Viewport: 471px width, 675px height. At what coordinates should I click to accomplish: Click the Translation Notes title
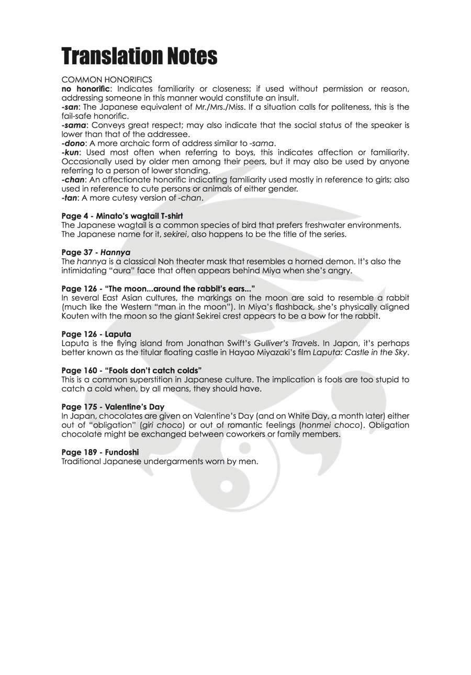[139, 56]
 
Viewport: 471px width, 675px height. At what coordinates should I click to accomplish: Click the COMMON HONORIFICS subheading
[107, 79]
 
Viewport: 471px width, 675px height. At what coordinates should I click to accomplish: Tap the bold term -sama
[74, 125]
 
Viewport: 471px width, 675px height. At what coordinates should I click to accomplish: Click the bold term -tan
[69, 198]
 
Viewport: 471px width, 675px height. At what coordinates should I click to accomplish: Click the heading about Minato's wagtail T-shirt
[122, 216]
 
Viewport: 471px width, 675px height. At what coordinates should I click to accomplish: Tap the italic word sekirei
[175, 234]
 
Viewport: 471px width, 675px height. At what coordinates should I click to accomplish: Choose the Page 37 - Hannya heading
[96, 253]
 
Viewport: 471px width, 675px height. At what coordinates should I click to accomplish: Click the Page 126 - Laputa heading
[96, 334]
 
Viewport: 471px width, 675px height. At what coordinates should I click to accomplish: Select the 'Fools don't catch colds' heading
[131, 371]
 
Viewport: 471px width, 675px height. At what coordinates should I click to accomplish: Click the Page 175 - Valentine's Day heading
[113, 407]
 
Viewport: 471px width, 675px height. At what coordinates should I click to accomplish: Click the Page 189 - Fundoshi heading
[100, 452]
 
